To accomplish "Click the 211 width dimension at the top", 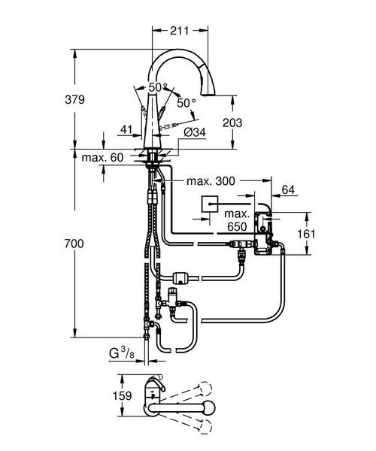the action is coord(179,31).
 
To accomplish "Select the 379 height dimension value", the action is coord(74,99).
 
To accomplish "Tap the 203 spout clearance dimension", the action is coord(232,123).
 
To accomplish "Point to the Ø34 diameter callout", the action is coord(195,132).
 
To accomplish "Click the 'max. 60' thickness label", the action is coord(102,158).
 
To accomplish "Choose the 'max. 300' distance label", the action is coord(211,181).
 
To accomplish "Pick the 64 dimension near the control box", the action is coord(288,190).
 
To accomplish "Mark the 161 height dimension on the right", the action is coord(306,234).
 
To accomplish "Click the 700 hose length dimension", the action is coord(74,244).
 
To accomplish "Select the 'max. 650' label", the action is coord(237,220).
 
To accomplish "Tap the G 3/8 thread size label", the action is coord(121,353).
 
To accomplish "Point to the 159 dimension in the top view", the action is coord(123,396).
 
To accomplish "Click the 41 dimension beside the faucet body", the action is coord(126,129).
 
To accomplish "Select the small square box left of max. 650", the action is coord(210,204).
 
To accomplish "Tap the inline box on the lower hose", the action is coord(180,278).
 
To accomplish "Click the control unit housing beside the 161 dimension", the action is coord(262,232).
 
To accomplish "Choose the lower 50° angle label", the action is coord(186,103).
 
